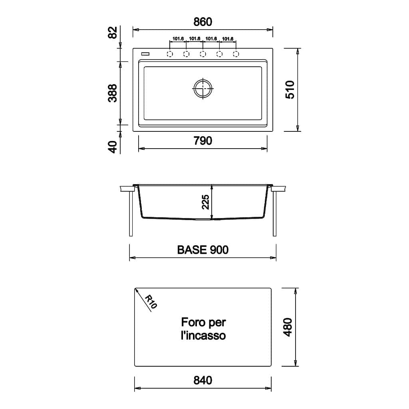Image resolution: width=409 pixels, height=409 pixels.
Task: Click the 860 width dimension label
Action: click(203, 22)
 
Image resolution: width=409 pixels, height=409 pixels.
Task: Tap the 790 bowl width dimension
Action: click(203, 141)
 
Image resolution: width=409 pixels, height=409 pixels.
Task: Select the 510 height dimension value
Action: click(290, 90)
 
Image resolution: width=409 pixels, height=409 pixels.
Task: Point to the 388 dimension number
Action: click(112, 93)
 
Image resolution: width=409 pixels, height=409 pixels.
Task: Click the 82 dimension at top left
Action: click(112, 32)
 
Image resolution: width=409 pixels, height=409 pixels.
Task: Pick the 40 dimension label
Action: click(112, 147)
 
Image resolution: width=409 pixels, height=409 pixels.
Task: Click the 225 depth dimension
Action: click(206, 202)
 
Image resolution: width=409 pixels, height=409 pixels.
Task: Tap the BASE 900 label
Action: click(203, 250)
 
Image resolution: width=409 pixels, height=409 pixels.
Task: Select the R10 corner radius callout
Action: click(151, 302)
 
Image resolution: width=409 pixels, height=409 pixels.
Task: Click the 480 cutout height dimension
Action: click(288, 327)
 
